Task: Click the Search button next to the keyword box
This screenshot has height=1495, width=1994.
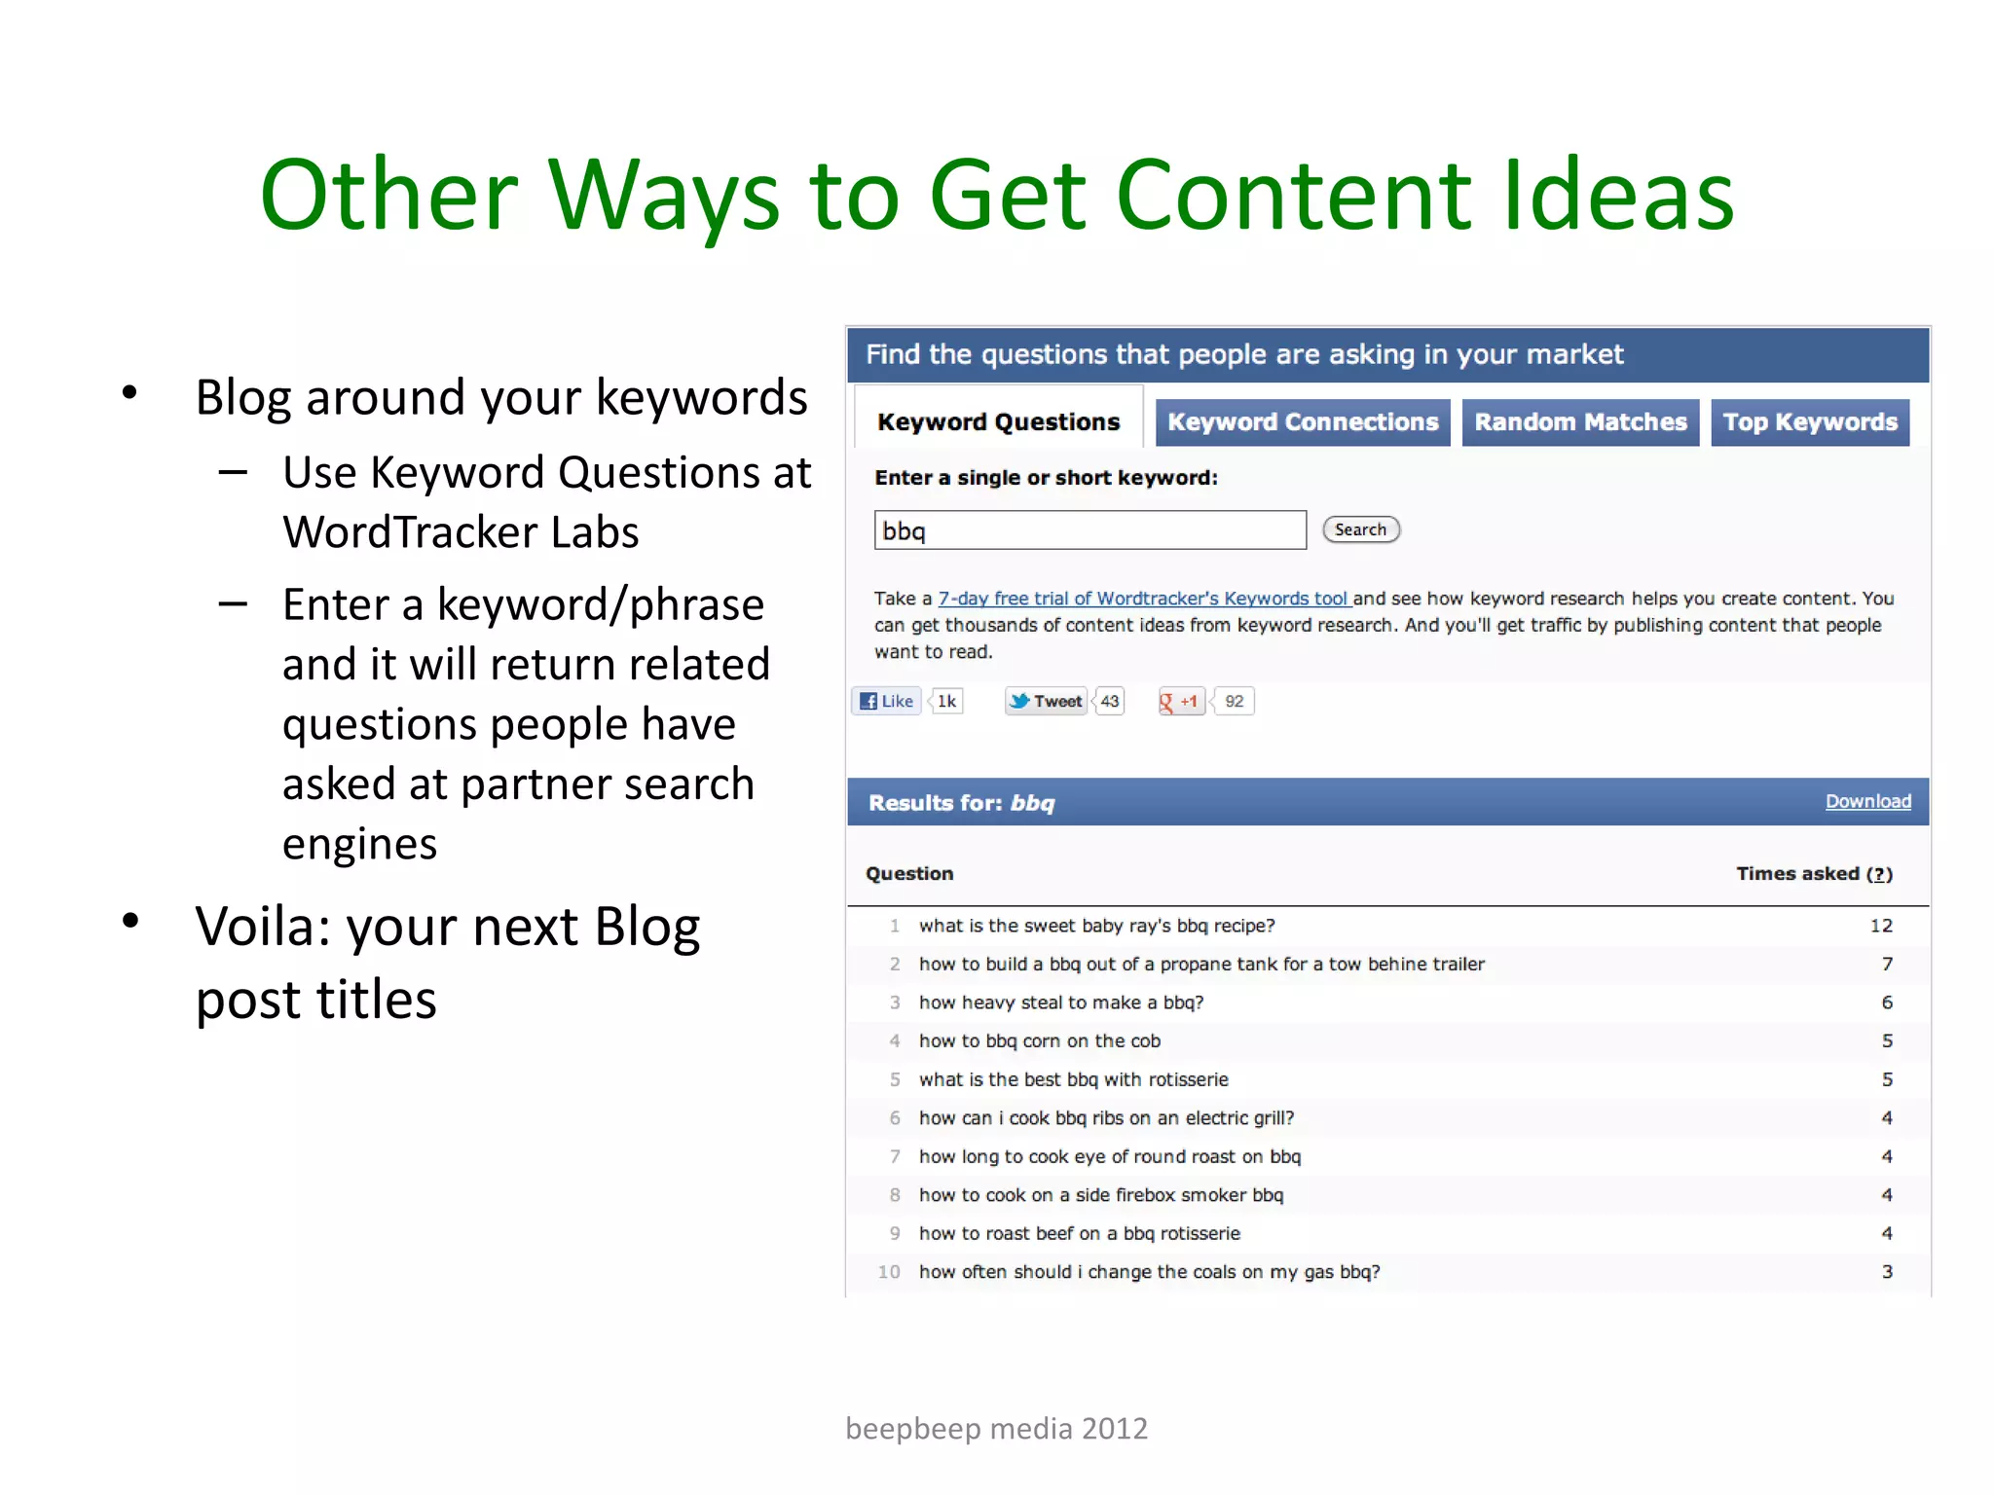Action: tap(1360, 529)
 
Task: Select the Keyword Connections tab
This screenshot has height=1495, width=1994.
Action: tap(1303, 422)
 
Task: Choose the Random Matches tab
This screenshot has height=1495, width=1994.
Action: tap(1580, 422)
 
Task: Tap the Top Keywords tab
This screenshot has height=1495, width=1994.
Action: tap(1810, 422)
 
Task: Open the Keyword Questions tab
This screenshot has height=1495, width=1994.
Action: tap(998, 422)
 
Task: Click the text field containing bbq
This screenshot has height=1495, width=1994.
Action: tap(1089, 530)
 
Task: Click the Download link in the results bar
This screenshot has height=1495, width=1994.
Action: tap(1867, 801)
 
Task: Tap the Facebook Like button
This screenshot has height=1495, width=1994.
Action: tap(887, 701)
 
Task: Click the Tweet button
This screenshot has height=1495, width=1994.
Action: tap(1047, 701)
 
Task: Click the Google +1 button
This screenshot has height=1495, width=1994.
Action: tap(1181, 701)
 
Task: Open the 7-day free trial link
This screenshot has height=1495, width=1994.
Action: tap(1143, 599)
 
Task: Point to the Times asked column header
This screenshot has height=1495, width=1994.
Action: tap(1813, 873)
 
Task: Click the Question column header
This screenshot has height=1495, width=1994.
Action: tap(909, 873)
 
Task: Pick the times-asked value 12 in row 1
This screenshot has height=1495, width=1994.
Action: tap(1881, 926)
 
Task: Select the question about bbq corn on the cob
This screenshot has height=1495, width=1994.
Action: tap(1039, 1040)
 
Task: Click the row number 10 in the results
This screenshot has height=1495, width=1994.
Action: tap(889, 1271)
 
